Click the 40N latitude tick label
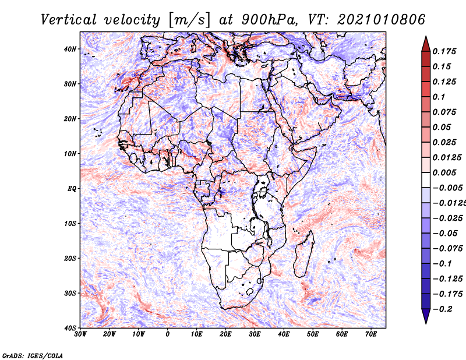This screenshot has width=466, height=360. tap(69, 49)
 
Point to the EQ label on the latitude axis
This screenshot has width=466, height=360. tap(72, 189)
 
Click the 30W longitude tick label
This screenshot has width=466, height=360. tap(80, 334)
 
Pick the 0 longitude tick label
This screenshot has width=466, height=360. tap(168, 334)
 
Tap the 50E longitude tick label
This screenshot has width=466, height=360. tap(313, 334)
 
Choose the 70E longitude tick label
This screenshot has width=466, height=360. tap(370, 334)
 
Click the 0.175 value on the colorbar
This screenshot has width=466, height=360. tap(444, 51)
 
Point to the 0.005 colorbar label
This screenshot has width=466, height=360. tap(444, 172)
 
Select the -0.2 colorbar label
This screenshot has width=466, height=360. tap(443, 309)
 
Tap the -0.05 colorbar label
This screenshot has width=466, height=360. tap(445, 234)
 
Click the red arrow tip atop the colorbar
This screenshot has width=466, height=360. tap(426, 37)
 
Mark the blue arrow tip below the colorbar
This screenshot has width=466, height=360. tap(426, 323)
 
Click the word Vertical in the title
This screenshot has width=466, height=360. tap(69, 20)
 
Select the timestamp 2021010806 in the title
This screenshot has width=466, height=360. tap(382, 20)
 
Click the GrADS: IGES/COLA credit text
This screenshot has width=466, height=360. tap(33, 355)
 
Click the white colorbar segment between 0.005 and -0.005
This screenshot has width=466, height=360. tap(426, 180)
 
